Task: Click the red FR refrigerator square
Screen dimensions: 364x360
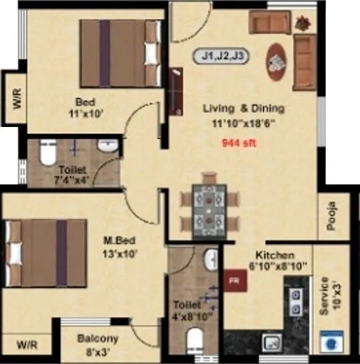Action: (x=233, y=279)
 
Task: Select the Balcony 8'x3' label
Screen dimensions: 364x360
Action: (x=98, y=343)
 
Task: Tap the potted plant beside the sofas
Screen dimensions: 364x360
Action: (x=301, y=23)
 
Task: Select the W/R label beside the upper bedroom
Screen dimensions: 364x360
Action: (x=15, y=100)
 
